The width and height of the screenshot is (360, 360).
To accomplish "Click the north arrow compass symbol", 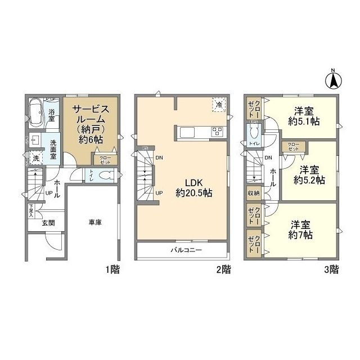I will tap(332, 80).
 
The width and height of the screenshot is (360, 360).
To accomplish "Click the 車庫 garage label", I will tap(94, 223).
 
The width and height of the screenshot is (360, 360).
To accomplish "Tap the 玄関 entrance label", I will tap(48, 223).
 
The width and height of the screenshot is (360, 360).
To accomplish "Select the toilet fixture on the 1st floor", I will tap(103, 175).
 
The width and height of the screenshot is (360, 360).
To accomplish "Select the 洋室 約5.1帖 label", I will tap(303, 115).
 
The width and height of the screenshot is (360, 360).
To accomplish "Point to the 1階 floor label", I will tap(112, 269).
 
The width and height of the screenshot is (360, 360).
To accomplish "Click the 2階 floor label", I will tap(223, 269).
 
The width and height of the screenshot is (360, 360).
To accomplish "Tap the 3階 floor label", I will tap(331, 269).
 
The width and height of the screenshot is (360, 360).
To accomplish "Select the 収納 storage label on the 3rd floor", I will tap(253, 193).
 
